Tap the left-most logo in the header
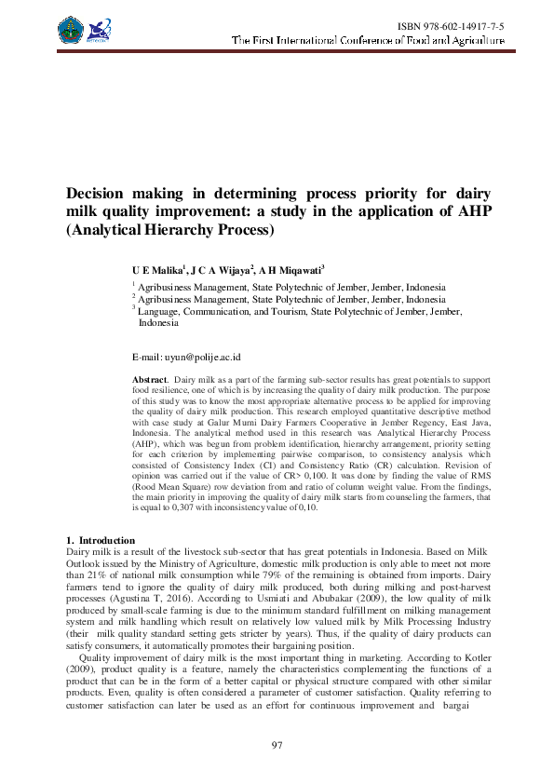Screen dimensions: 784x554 [x=71, y=29]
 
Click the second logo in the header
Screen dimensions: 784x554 [x=100, y=30]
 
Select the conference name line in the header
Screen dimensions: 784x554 [x=368, y=41]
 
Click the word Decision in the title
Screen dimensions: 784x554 [x=101, y=193]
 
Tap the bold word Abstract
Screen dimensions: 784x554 [x=149, y=380]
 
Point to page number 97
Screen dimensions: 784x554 [x=277, y=745]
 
